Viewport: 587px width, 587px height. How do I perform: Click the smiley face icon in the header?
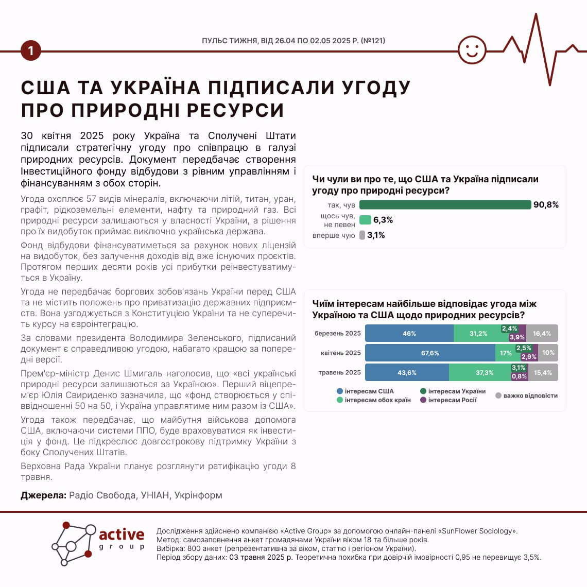point(472,50)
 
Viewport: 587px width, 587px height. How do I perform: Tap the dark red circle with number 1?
point(31,50)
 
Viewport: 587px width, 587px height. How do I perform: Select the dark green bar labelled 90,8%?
point(445,205)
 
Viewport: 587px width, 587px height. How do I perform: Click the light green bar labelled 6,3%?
point(365,220)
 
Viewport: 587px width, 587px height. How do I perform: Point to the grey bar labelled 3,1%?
point(362,235)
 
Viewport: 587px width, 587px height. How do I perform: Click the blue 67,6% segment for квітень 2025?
point(430,353)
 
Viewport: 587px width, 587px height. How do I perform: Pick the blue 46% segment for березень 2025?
point(409,334)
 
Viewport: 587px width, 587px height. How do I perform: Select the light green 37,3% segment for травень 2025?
point(484,373)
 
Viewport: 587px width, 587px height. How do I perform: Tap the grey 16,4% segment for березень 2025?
point(542,334)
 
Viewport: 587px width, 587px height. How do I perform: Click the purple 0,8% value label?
point(519,376)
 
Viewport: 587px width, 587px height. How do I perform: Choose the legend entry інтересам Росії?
point(452,400)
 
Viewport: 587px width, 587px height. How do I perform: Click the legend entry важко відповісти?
point(530,396)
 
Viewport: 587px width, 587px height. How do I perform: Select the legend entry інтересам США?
point(369,391)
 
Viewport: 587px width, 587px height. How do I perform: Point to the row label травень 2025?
point(339,373)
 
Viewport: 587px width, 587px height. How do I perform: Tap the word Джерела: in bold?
point(43,495)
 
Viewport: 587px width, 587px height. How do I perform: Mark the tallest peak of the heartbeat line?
point(537,15)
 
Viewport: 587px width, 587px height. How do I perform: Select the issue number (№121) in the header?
point(373,41)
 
